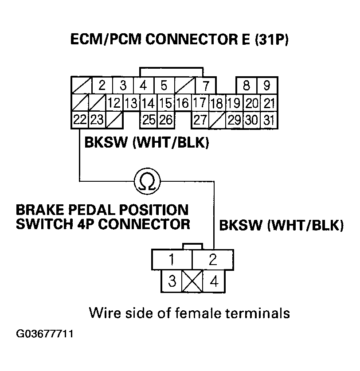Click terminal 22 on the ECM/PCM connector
tap(80, 120)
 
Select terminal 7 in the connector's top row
tap(206, 85)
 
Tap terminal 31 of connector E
tap(268, 120)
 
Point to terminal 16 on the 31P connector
tap(183, 103)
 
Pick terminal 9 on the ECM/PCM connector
tap(267, 85)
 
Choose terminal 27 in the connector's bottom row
tap(200, 120)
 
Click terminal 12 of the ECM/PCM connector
tap(114, 103)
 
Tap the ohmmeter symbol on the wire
tap(147, 181)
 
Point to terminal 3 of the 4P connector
tap(172, 281)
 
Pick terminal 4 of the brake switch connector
tap(213, 281)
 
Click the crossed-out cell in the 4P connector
tap(192, 281)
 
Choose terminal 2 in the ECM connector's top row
tap(102, 85)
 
